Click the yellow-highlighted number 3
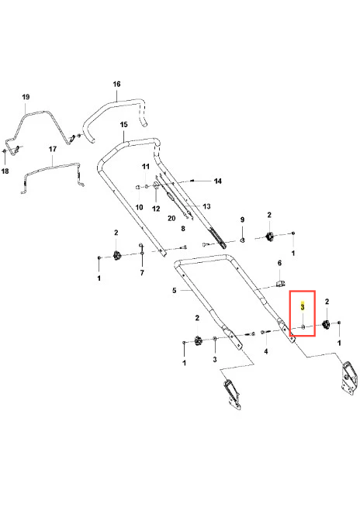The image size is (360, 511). [303, 307]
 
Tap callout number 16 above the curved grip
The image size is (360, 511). [116, 84]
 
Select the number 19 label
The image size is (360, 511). [26, 97]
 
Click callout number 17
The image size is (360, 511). [53, 149]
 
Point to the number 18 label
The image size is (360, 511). [5, 171]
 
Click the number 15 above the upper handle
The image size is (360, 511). [123, 125]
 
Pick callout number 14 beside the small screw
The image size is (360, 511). [218, 181]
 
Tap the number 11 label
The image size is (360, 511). [146, 167]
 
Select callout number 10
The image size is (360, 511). [139, 207]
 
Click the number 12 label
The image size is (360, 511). [156, 209]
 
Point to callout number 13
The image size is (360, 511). [206, 206]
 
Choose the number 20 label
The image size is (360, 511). [171, 219]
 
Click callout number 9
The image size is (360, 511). [242, 219]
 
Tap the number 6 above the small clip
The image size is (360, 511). [279, 263]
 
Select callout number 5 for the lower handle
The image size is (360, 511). [175, 290]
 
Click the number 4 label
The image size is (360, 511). [266, 351]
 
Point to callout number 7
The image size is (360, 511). [142, 273]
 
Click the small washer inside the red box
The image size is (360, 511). [303, 326]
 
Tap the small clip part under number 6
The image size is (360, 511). [280, 283]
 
